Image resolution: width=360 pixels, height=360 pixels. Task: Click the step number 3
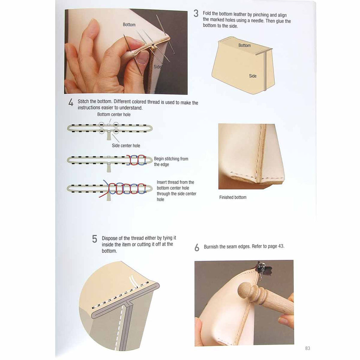196,13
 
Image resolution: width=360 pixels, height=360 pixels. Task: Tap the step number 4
71,102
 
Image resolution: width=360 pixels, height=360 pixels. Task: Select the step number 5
95,239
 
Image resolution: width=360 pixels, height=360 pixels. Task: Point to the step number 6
197,247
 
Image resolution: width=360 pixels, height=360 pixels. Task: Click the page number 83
307,348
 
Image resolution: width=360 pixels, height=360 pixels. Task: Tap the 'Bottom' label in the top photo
129,25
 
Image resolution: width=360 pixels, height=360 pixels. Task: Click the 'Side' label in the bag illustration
252,76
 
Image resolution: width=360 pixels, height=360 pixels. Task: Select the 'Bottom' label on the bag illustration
244,45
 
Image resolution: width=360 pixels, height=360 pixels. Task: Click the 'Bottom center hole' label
114,114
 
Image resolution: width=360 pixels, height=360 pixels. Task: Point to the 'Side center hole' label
126,146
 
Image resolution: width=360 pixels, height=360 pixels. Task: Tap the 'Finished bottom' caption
233,197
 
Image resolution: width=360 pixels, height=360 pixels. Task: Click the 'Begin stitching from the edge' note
171,161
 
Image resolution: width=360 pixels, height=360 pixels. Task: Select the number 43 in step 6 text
281,246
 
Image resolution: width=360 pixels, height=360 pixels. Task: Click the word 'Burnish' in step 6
211,246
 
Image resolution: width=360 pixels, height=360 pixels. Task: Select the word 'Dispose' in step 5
110,238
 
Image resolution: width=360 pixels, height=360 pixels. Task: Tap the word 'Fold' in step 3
207,14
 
